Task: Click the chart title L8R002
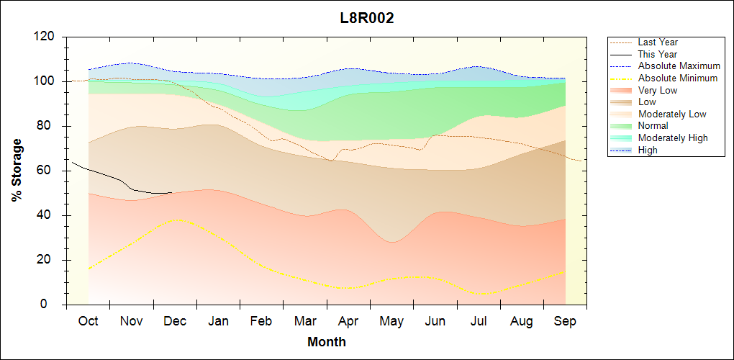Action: pos(367,19)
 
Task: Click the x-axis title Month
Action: pos(327,342)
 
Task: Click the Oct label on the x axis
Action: pos(89,321)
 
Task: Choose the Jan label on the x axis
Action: pos(218,321)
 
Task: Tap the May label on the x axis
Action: pos(391,321)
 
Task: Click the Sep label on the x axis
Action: pos(565,321)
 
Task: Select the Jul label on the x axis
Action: pos(479,321)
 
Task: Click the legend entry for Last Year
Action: pos(658,42)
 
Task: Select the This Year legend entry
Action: pos(658,55)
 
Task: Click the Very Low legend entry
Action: pos(658,90)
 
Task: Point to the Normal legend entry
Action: pos(653,126)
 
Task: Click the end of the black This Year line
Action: pos(171,192)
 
